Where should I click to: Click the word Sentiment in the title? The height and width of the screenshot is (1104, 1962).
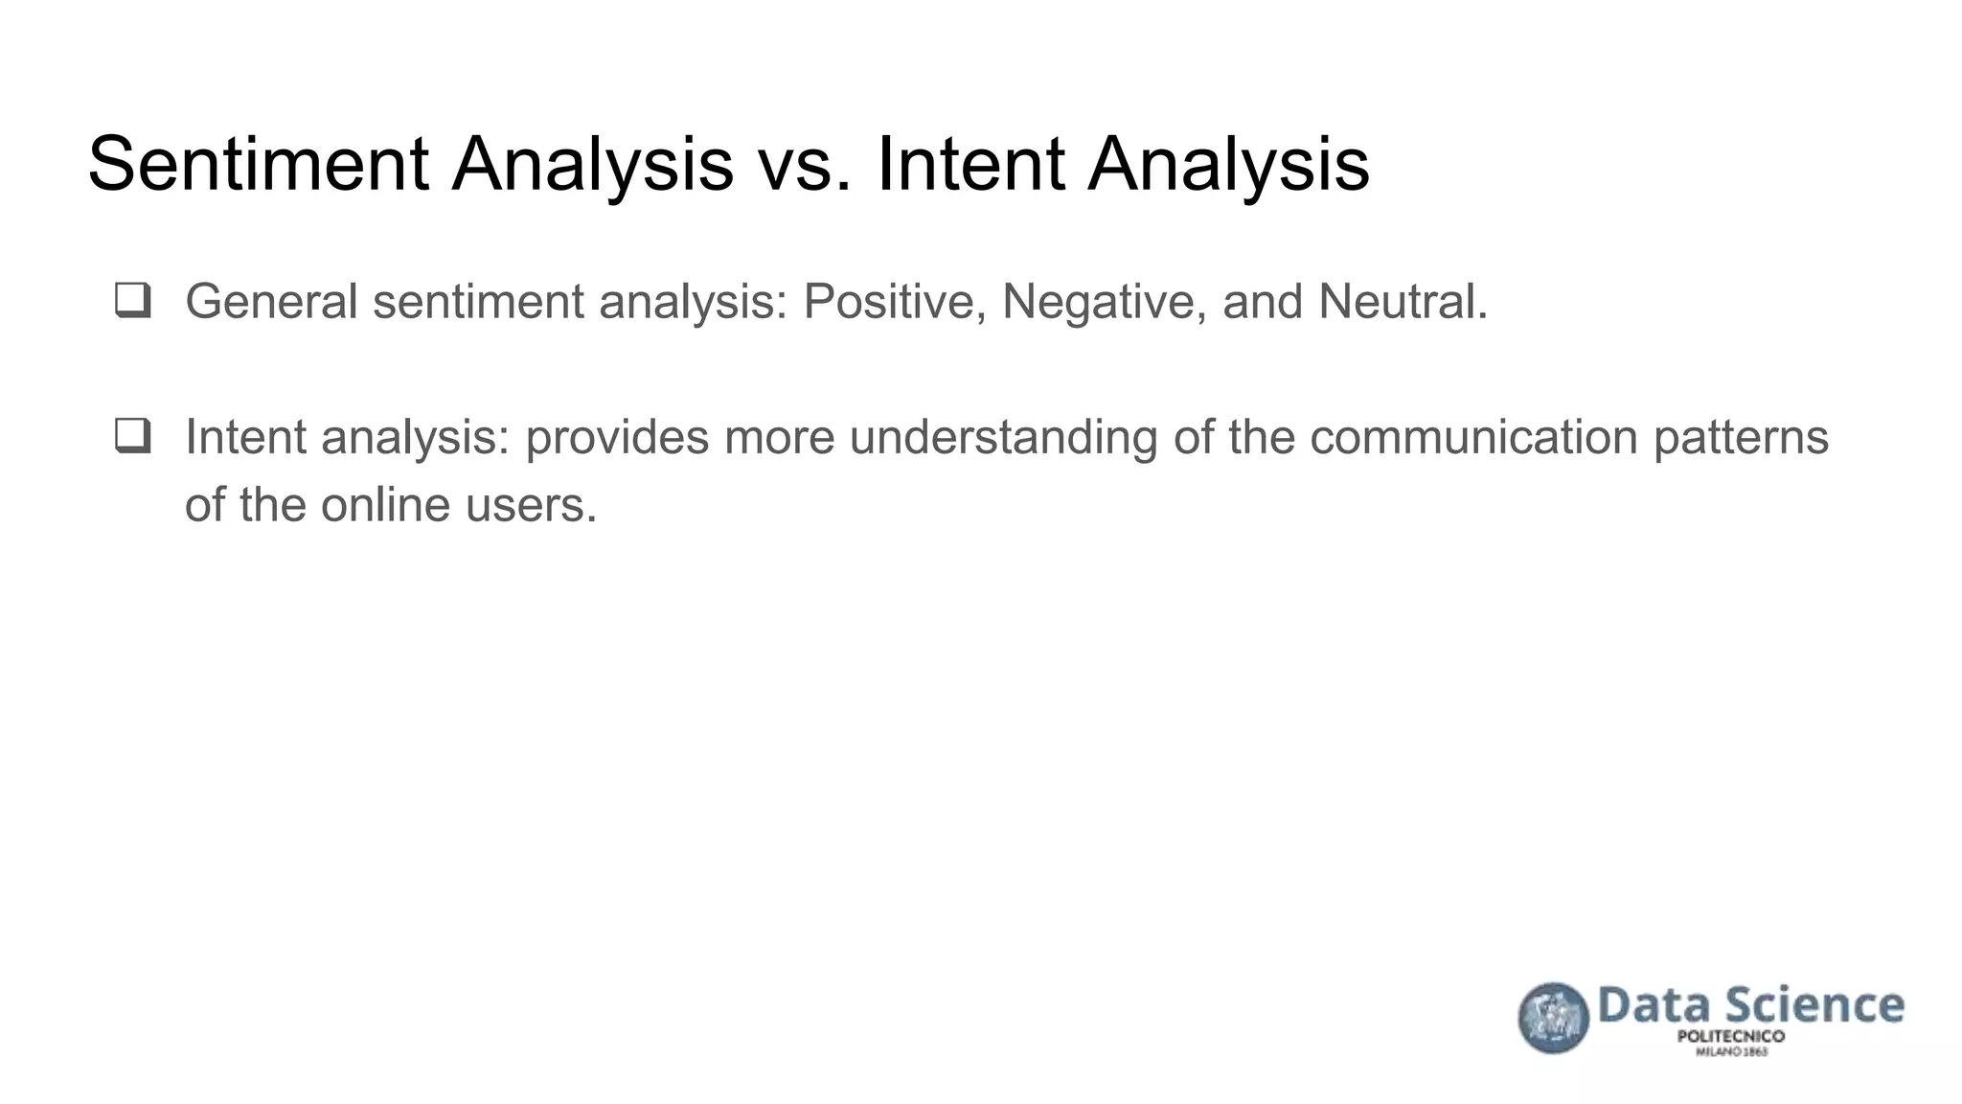[x=258, y=164]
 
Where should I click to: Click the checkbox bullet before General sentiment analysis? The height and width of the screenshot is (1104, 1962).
[x=132, y=300]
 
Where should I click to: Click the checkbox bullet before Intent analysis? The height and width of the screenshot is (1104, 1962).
[x=132, y=436]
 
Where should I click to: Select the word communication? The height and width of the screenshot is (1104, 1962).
[x=1473, y=437]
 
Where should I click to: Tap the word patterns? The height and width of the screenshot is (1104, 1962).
[x=1741, y=437]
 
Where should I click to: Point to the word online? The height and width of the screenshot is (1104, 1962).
[x=385, y=505]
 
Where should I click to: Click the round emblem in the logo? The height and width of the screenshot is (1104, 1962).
[x=1553, y=1018]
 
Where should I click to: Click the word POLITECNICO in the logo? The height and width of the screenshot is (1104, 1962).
[x=1730, y=1037]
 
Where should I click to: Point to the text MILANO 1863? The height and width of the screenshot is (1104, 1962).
[x=1731, y=1052]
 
